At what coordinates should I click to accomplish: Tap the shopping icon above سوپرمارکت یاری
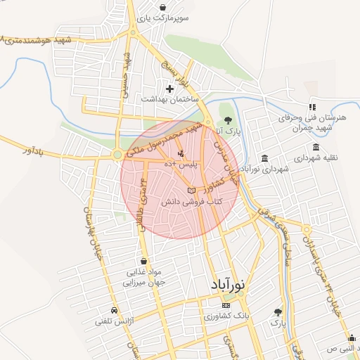point(163,7)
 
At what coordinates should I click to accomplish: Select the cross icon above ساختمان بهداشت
point(169,89)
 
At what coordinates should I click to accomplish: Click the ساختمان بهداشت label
point(169,101)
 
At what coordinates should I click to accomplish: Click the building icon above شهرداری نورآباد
point(264,158)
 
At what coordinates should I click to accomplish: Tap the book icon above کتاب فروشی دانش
point(191,191)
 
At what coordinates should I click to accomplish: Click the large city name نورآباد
point(229,285)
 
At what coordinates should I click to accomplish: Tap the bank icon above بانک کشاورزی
point(226,306)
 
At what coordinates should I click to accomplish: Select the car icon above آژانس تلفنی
point(114,310)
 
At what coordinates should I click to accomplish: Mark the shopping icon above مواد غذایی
point(143,261)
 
